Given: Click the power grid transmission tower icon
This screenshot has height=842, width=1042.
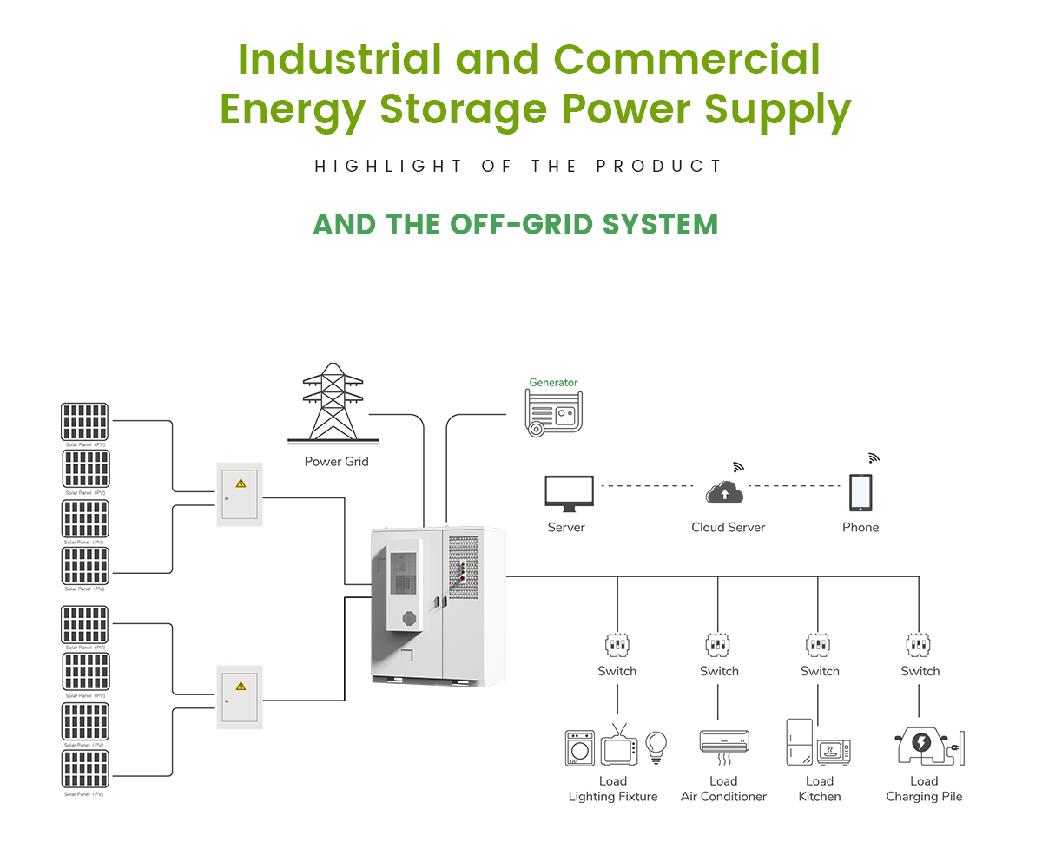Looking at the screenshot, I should click(x=333, y=403).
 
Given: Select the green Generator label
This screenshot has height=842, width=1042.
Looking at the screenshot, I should click(x=553, y=382).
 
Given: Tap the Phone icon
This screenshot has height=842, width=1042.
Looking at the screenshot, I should click(x=861, y=493).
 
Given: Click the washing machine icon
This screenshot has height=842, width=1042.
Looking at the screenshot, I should click(x=580, y=747).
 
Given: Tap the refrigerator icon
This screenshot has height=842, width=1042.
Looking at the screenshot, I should click(x=799, y=742).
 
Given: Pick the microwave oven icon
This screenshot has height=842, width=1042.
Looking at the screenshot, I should click(x=834, y=750).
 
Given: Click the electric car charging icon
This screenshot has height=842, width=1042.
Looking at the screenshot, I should click(x=922, y=745).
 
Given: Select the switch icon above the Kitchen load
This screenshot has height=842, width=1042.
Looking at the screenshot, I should click(x=818, y=645).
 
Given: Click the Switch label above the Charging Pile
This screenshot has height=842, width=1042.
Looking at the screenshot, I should click(x=920, y=671).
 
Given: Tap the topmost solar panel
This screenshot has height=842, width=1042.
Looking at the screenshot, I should click(x=85, y=422).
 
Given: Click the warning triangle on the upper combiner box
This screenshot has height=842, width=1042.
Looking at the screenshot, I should click(x=241, y=483).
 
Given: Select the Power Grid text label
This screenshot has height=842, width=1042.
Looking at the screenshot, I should click(x=336, y=461).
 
